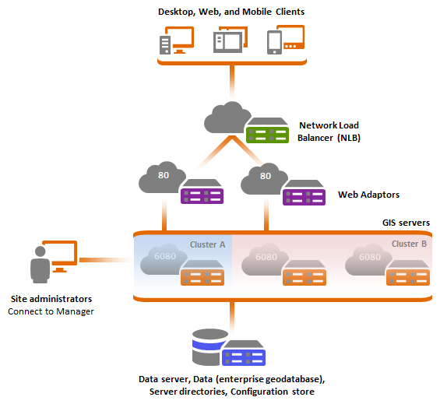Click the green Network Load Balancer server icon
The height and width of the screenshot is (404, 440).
pos(267,131)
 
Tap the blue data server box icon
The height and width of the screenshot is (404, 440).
pos(244,353)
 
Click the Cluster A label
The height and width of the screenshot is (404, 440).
pos(208,244)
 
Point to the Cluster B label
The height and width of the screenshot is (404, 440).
pos(409,244)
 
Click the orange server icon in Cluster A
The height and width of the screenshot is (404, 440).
pos(202,272)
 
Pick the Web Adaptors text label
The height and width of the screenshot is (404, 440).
pos(368,195)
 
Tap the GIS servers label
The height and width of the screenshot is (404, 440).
pos(406,223)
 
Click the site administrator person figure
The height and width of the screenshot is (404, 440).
pos(40,265)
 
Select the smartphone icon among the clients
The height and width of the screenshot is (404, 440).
pos(274,42)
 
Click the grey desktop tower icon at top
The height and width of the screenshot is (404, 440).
pos(165,45)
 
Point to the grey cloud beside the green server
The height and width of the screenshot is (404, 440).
pos(227,118)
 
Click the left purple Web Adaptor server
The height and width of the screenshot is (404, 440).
pos(202,191)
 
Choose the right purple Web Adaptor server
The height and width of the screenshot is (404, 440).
pos(304,193)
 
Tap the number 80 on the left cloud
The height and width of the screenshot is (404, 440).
pos(164,175)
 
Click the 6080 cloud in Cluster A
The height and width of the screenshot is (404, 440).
pos(164,258)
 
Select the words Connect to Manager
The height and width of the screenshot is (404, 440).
pos(51,311)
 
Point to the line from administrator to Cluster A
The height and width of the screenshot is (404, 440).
pos(107,260)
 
